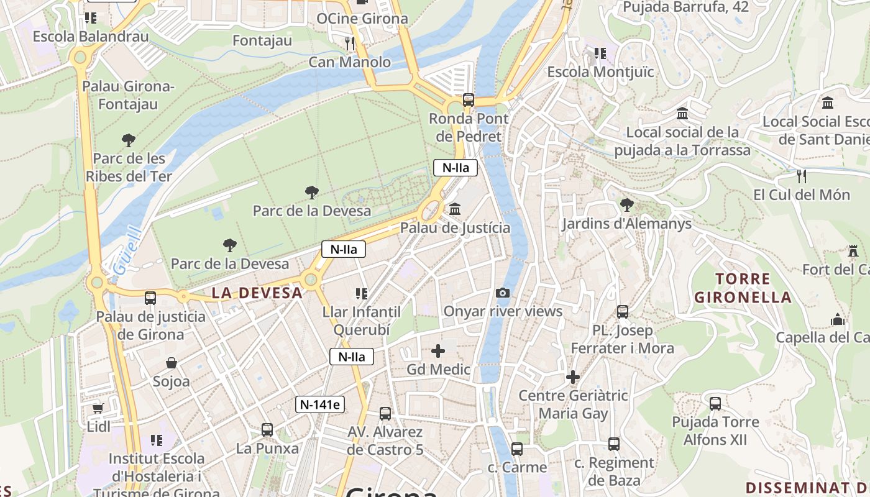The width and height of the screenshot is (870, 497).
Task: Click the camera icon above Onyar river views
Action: tap(503, 293)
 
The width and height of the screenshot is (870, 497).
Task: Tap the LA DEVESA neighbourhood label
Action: tap(257, 293)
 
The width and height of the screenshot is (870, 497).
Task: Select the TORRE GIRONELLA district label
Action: tap(743, 288)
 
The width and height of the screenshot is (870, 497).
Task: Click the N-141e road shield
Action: tap(319, 404)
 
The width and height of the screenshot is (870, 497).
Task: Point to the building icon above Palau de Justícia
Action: tap(455, 209)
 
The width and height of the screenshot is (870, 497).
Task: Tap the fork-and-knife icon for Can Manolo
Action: tap(350, 43)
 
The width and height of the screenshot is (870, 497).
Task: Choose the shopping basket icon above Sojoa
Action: tap(171, 362)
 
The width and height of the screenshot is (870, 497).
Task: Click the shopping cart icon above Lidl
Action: tap(98, 408)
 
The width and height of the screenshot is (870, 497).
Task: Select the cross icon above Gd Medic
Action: tap(438, 351)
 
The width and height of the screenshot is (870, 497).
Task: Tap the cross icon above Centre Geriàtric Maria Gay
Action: tap(573, 376)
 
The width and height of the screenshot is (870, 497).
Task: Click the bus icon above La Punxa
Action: tap(267, 429)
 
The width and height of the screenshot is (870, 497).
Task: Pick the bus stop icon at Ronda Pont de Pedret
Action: tap(469, 99)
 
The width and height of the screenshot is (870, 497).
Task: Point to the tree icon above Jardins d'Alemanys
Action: tap(627, 204)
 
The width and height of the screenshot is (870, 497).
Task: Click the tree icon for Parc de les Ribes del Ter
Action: tap(129, 140)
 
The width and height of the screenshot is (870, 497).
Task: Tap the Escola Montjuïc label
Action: tap(600, 72)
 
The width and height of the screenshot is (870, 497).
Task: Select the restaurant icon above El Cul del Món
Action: tap(802, 176)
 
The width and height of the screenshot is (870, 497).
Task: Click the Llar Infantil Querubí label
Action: tap(362, 320)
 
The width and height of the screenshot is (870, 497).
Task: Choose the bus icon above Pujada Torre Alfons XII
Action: tap(715, 404)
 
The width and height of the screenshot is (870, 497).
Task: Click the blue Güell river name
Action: tap(126, 252)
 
